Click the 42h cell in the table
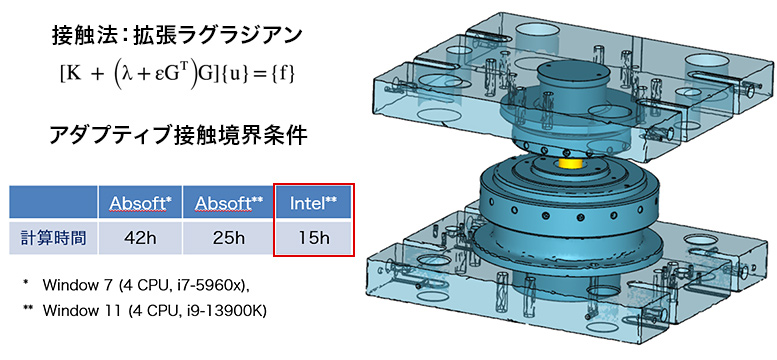pyautogui.click(x=140, y=238)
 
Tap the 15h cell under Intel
pyautogui.click(x=314, y=238)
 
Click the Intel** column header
pyautogui.click(x=314, y=203)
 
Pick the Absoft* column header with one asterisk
pyautogui.click(x=140, y=203)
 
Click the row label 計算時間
pyautogui.click(x=54, y=238)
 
